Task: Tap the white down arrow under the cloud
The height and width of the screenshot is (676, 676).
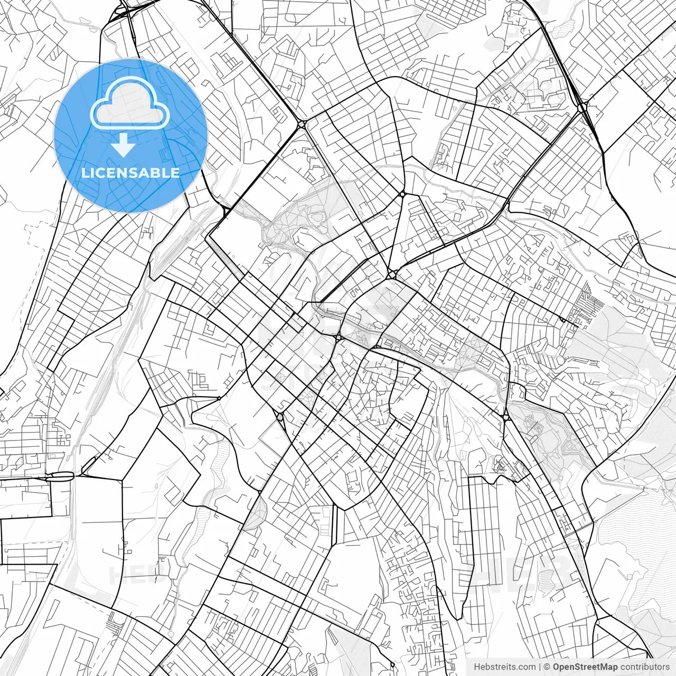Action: (124, 145)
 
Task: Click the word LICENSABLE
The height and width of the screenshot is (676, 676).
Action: (130, 173)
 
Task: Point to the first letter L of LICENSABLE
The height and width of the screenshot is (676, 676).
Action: (84, 173)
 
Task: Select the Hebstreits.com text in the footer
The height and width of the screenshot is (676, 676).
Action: (504, 667)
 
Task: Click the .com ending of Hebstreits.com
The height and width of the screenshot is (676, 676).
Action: (526, 667)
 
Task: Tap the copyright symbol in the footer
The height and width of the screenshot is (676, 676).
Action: (547, 667)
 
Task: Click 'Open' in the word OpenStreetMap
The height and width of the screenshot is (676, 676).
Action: (564, 667)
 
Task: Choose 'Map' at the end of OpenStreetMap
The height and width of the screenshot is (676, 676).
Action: (609, 667)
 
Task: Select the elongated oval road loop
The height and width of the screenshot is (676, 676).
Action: (60, 476)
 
